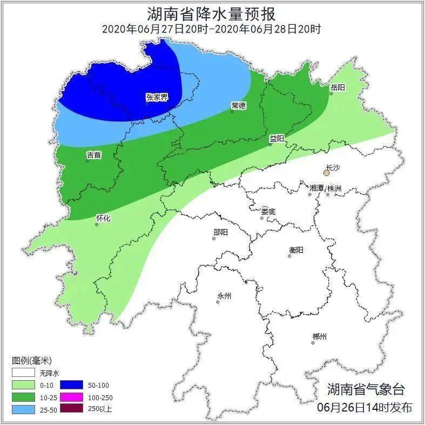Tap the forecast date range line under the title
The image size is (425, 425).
point(212,29)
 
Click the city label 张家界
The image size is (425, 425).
point(157,97)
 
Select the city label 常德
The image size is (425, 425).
point(238,105)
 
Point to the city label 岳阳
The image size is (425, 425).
point(338,87)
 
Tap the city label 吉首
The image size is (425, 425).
point(94,155)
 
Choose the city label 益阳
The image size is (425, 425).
point(277,138)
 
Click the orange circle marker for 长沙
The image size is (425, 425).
point(326,173)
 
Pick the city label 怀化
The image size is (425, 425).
point(103,218)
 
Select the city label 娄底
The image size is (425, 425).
point(268,212)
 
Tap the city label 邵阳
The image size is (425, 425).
point(220,232)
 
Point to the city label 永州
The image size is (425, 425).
point(224,296)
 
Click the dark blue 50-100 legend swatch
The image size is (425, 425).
point(71,384)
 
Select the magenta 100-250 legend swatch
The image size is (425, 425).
point(71,397)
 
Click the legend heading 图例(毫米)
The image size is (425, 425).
point(31,361)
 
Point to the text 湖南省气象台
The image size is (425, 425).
point(366,388)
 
